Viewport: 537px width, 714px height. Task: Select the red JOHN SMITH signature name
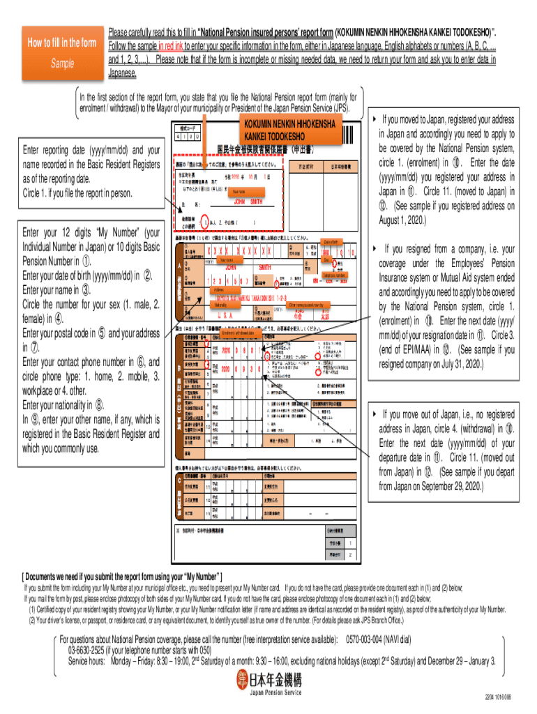tap(248, 202)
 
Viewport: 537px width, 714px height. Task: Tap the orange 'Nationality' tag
tap(222, 305)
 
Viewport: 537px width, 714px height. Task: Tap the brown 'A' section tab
tap(182, 268)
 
